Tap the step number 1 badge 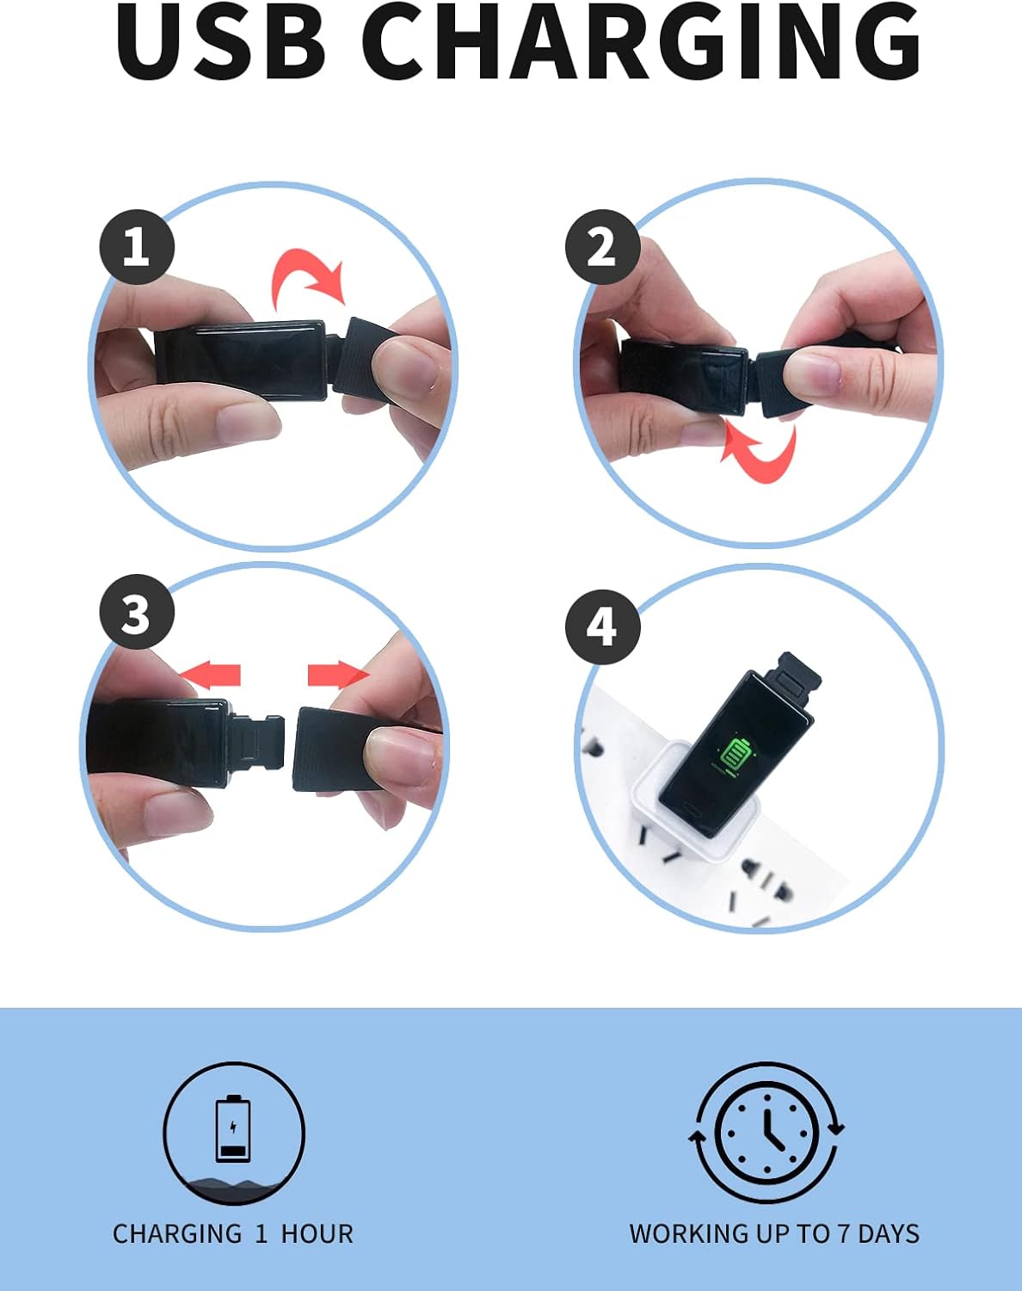coord(137,246)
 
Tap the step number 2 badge coord(603,246)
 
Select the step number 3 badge coord(137,612)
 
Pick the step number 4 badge coord(603,627)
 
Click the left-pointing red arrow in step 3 coord(210,675)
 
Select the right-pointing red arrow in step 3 coord(339,675)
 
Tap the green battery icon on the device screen coord(734,754)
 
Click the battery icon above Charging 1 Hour coord(233,1128)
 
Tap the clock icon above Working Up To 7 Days coord(766,1132)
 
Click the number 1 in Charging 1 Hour coord(261,1234)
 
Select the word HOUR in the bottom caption coord(317,1234)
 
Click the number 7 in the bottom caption coord(844,1234)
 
